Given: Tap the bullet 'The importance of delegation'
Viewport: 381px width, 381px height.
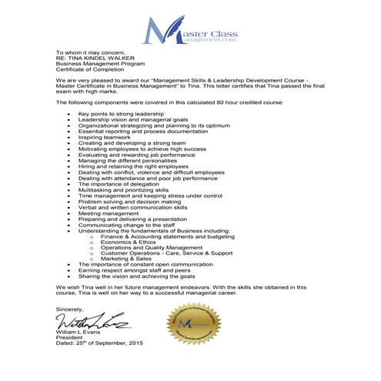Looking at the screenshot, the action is pos(115,183).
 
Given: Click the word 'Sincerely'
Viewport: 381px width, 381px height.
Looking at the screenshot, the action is pos(68,309).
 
